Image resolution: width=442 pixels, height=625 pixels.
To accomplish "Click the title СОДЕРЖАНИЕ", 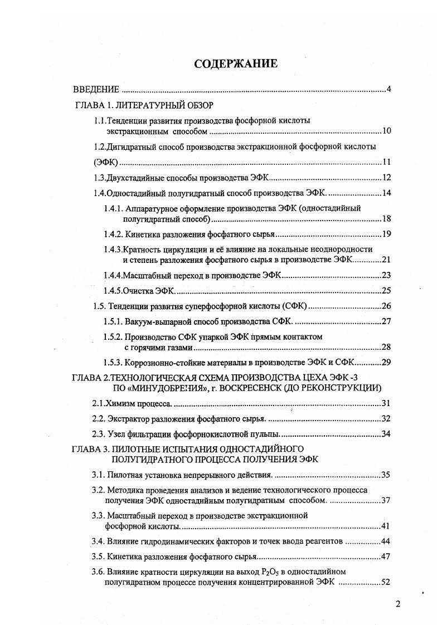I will [x=235, y=64].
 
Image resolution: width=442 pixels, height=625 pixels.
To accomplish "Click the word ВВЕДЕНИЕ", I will [x=97, y=90].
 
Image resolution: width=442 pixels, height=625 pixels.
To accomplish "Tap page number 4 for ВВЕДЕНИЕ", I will [x=388, y=90].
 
